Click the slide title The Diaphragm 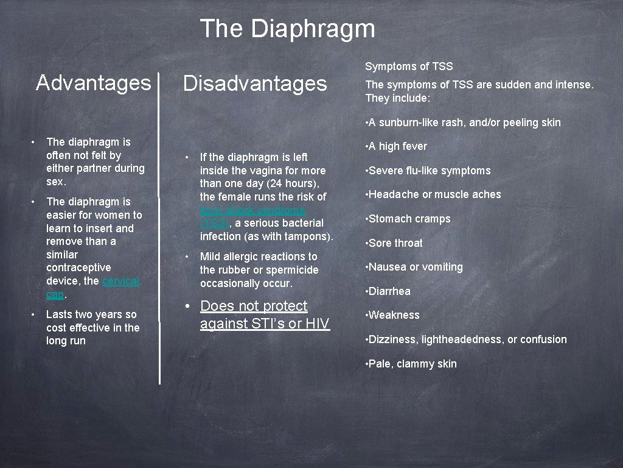click(x=287, y=29)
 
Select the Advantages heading click(x=93, y=82)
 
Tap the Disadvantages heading click(x=255, y=83)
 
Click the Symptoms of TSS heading click(x=409, y=66)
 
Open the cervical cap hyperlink click(x=120, y=281)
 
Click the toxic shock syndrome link click(x=252, y=210)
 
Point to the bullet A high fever click(x=397, y=146)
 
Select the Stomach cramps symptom click(x=409, y=219)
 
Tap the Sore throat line click(x=395, y=243)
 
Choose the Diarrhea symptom click(x=389, y=291)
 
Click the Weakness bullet click(x=394, y=315)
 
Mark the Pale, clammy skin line click(x=412, y=364)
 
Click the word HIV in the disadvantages click(x=317, y=324)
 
